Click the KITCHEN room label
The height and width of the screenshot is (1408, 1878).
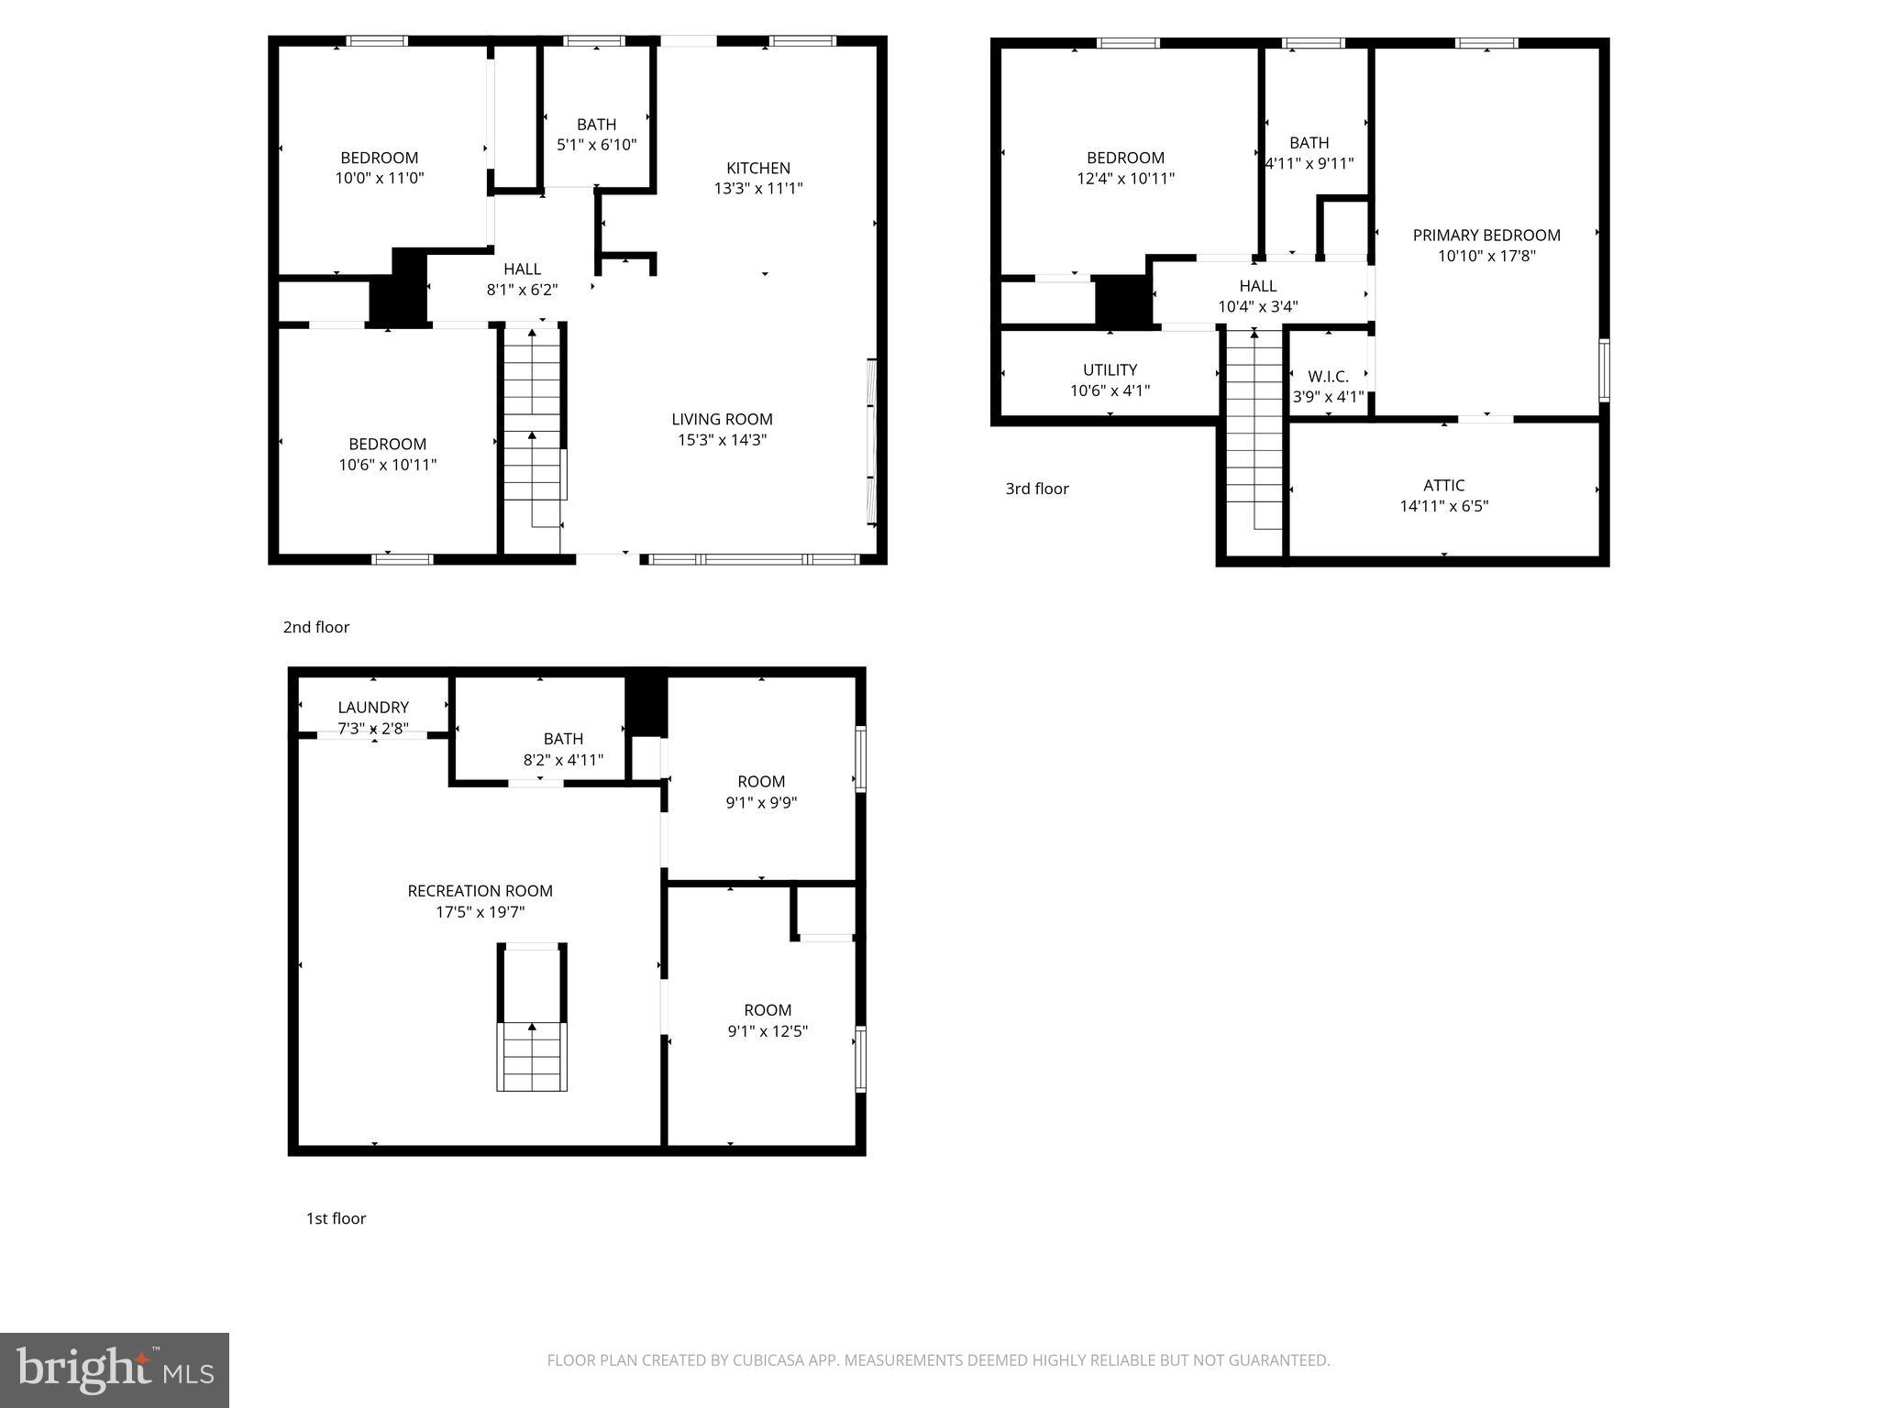coord(757,168)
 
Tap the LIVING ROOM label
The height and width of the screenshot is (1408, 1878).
coord(722,419)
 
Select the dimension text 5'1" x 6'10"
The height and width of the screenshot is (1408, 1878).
coord(596,145)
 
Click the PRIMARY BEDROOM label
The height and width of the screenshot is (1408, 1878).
coord(1486,236)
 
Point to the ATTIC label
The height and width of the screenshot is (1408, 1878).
coord(1443,485)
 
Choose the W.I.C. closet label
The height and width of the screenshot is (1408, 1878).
coord(1328,377)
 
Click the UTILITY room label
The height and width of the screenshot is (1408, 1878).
coord(1110,369)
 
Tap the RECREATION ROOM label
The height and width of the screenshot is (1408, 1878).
coord(480,891)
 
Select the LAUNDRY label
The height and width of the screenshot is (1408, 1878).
coord(373,708)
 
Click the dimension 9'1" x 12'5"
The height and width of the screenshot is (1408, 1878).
coord(768,1031)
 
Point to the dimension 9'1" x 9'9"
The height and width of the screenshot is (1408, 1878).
coord(761,803)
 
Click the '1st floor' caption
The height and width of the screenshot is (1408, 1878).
coord(336,1218)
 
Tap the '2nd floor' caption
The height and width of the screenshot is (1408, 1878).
coord(315,627)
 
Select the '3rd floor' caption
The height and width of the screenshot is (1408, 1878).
coord(1036,489)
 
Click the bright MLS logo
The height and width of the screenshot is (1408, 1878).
coord(115,1369)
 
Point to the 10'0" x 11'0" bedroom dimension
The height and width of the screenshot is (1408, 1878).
coord(379,179)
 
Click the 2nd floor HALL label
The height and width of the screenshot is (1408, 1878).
coord(522,269)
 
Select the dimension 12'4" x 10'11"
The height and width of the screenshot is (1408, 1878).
coord(1125,179)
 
